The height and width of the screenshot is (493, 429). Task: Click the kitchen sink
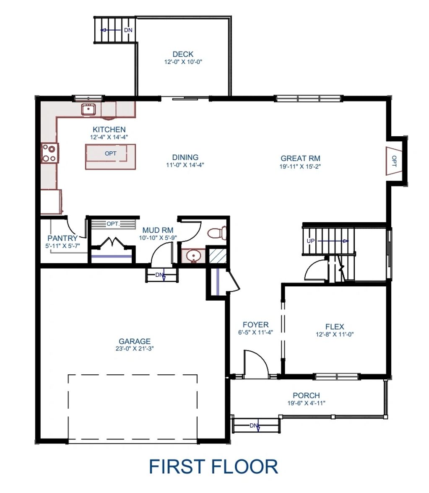89,109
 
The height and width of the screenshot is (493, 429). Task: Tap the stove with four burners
49,153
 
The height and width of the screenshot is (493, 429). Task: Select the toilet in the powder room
217,233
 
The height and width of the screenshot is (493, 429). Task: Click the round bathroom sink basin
192,256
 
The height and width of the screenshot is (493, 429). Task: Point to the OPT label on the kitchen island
110,153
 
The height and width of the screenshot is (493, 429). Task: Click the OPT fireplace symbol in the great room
394,161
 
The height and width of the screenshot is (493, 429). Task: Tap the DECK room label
183,54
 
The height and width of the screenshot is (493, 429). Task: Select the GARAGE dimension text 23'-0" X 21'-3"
134,348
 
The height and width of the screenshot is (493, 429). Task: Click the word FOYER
255,324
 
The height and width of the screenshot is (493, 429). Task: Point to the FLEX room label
335,327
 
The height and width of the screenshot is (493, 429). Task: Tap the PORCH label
306,395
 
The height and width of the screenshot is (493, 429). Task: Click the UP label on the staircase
311,241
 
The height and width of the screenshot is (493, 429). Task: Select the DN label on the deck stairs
128,30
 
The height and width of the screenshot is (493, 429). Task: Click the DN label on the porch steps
254,426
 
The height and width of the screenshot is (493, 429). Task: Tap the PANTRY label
62,238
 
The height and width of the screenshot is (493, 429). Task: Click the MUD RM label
158,230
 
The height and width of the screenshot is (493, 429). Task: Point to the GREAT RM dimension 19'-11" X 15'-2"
300,166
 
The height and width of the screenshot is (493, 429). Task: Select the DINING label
185,157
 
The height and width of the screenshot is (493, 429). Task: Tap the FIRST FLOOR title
213,467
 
